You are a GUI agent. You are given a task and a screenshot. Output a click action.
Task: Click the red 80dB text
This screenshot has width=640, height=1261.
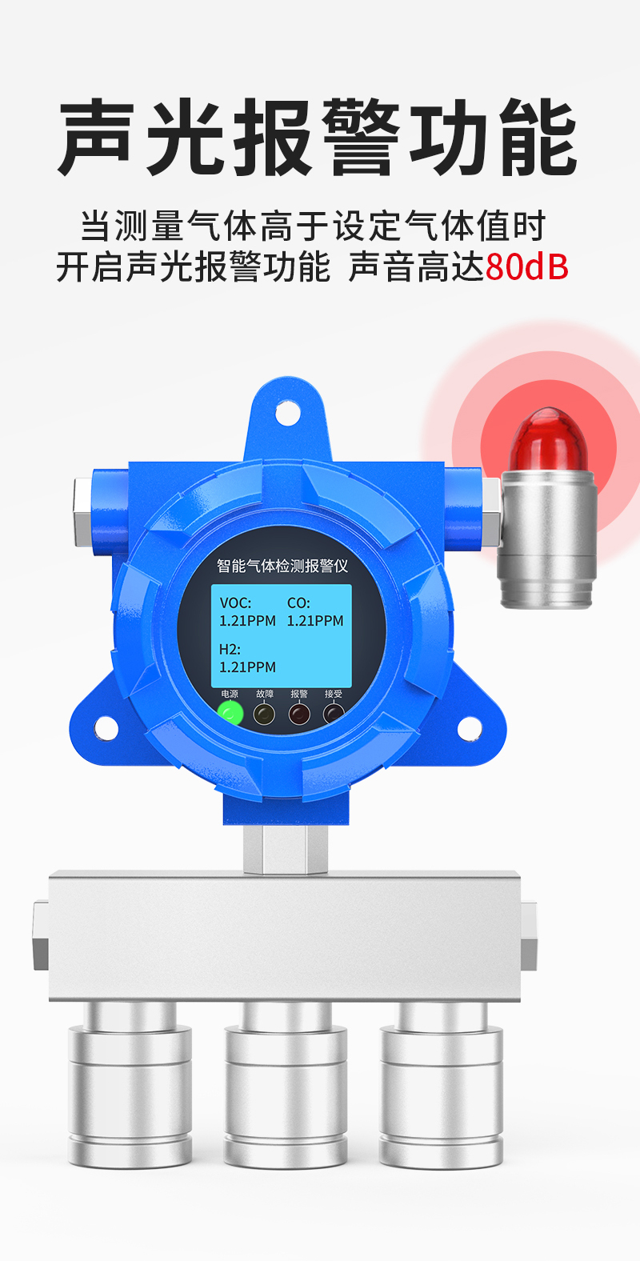click(527, 266)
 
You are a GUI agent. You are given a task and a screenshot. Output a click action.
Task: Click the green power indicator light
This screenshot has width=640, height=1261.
click(230, 714)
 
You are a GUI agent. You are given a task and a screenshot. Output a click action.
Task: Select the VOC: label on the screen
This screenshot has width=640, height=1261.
click(235, 603)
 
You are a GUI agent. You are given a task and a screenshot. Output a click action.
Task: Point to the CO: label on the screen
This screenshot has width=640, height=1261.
click(298, 603)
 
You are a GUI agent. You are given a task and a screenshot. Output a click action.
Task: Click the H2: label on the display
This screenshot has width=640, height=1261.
click(230, 649)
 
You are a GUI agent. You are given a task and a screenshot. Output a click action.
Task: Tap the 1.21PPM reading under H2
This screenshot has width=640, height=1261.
click(248, 667)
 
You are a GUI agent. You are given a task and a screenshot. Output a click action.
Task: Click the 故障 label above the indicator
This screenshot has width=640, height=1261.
click(265, 695)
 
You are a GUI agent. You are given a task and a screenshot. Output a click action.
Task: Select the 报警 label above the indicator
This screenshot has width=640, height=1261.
click(299, 695)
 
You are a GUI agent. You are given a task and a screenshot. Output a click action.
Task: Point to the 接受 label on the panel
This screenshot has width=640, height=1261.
click(334, 695)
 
